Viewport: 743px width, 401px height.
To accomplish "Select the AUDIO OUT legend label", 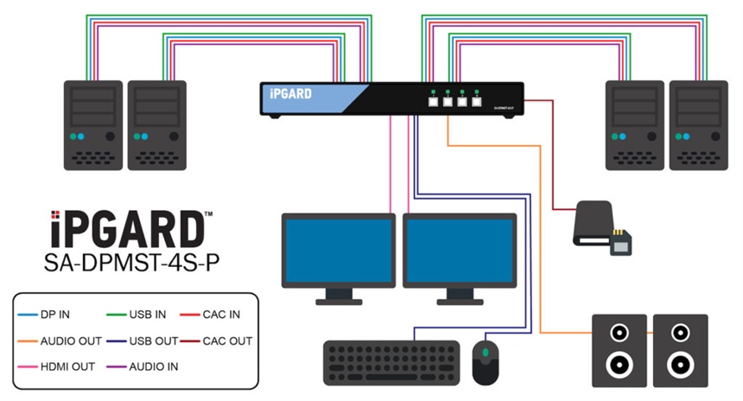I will click(68, 341).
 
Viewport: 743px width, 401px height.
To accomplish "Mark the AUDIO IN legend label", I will click(152, 366).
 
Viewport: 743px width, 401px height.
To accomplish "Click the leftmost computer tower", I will click(94, 124).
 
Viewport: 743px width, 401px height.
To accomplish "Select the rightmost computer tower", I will click(701, 124).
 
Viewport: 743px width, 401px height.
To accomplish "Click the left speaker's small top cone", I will click(619, 332).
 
